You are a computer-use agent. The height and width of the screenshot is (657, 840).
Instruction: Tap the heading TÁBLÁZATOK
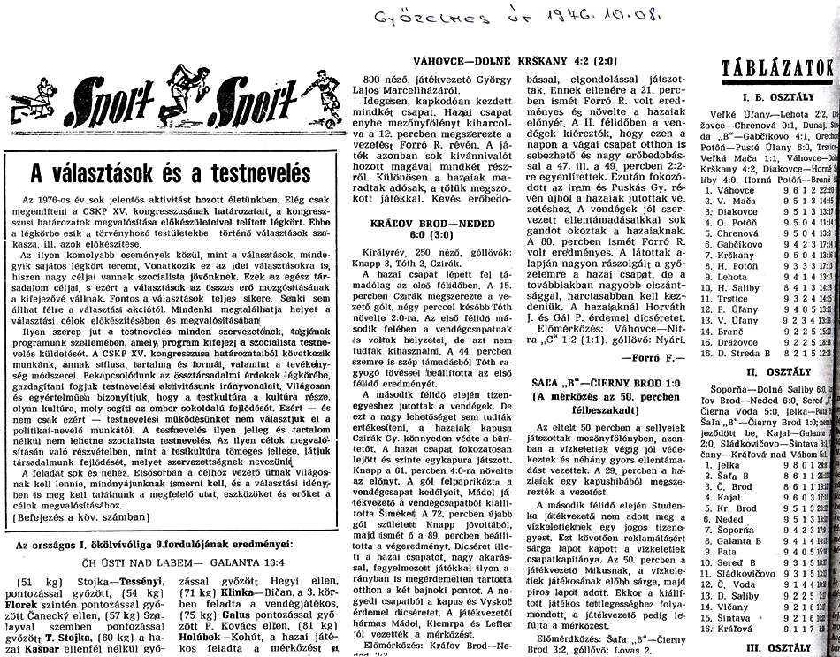[x=778, y=68]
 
